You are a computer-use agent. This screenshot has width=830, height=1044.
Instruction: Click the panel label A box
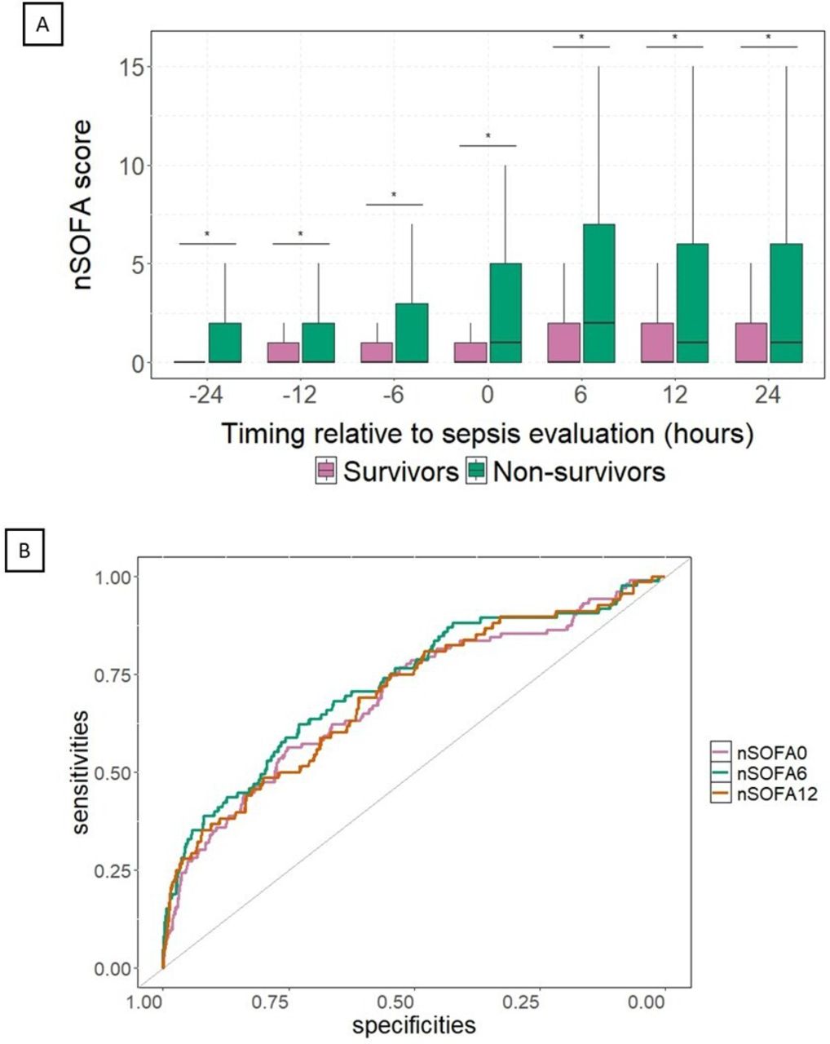42,26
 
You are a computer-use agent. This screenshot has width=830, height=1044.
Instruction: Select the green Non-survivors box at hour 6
599,293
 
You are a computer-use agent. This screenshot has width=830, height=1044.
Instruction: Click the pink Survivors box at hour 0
470,352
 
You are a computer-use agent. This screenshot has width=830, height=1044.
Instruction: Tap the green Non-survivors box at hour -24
225,343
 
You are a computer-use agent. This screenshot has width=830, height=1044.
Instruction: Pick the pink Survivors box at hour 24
751,343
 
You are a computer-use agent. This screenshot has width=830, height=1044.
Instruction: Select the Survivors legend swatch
327,471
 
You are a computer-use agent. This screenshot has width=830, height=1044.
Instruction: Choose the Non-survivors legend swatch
475,471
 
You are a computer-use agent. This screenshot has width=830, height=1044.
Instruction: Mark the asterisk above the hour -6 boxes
394,196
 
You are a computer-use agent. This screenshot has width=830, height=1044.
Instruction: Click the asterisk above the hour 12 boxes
675,38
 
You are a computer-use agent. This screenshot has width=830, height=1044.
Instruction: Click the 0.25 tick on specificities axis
539,1001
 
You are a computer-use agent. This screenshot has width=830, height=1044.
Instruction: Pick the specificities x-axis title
413,1025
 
